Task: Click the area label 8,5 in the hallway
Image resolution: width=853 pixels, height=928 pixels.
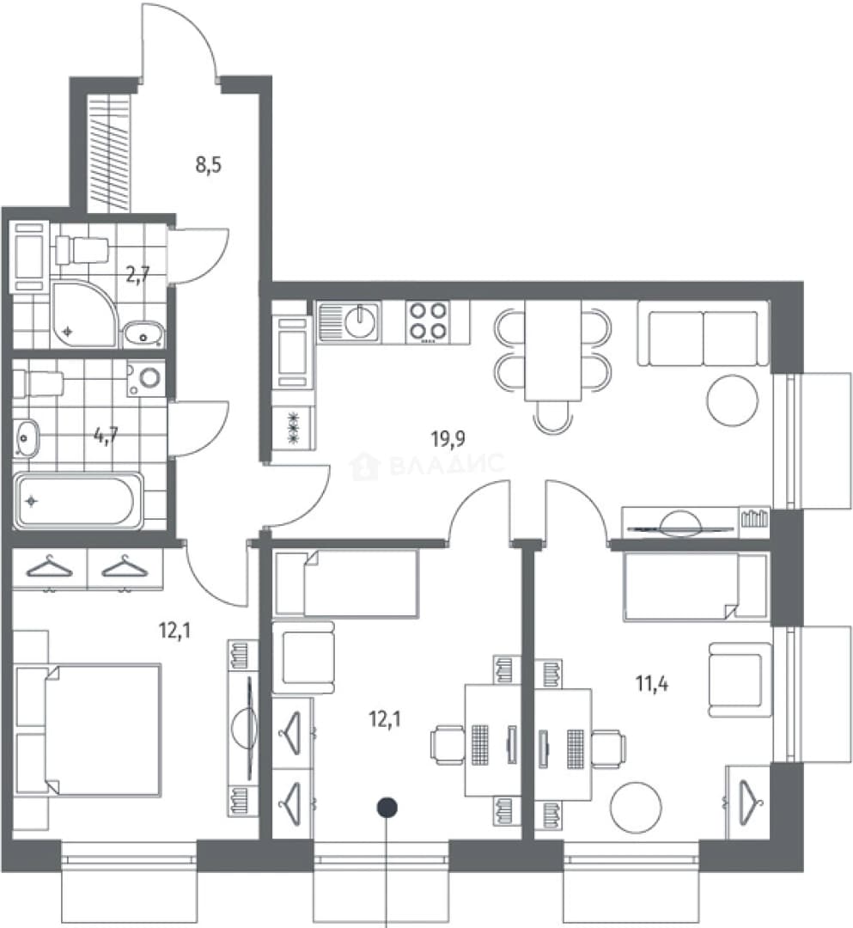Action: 208,165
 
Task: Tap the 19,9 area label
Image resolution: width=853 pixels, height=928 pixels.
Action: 448,439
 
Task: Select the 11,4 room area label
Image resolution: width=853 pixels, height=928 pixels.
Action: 652,684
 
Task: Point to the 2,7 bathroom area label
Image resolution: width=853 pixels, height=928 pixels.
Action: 137,275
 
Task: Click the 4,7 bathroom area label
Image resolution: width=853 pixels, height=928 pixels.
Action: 106,436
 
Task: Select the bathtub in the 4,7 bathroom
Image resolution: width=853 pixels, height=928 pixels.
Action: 78,500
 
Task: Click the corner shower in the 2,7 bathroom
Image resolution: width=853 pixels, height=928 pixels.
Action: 83,314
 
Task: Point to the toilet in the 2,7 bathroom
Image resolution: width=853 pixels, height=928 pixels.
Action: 82,250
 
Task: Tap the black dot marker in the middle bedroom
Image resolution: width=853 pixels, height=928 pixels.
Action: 387,807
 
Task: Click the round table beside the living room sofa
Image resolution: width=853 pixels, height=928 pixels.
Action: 733,400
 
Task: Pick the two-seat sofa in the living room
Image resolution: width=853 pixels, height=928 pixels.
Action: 703,333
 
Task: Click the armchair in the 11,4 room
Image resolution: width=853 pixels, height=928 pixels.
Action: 740,680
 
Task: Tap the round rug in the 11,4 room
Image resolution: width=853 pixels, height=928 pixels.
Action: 636,808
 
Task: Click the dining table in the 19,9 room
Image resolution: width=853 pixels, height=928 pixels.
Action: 553,351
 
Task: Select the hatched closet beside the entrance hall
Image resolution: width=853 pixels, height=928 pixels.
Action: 108,153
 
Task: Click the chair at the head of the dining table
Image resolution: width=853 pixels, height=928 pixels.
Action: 552,417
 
